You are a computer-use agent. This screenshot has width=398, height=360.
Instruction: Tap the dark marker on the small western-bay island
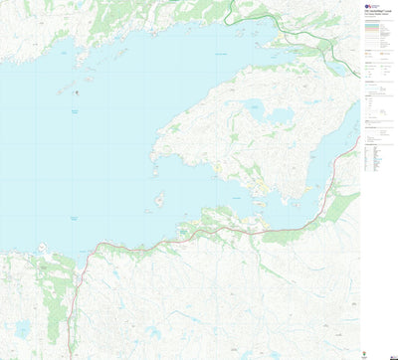[x=72, y=92]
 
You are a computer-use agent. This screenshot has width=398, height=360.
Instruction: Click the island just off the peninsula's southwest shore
[x=159, y=199]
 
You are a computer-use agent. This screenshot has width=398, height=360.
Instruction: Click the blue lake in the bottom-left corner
[x=22, y=328]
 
